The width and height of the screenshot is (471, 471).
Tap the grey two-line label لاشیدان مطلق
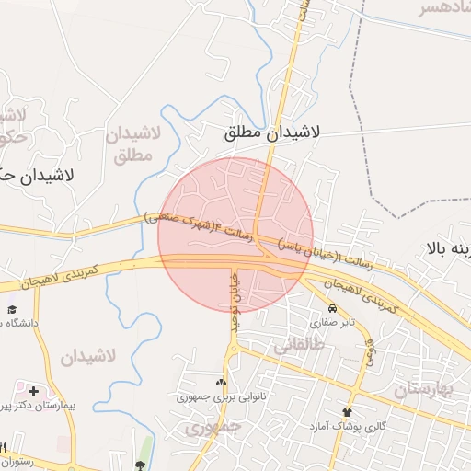click(133, 144)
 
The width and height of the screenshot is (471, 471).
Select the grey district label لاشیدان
click(88, 355)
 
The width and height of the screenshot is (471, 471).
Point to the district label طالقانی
click(298, 345)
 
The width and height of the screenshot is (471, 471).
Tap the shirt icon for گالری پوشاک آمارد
click(348, 411)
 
